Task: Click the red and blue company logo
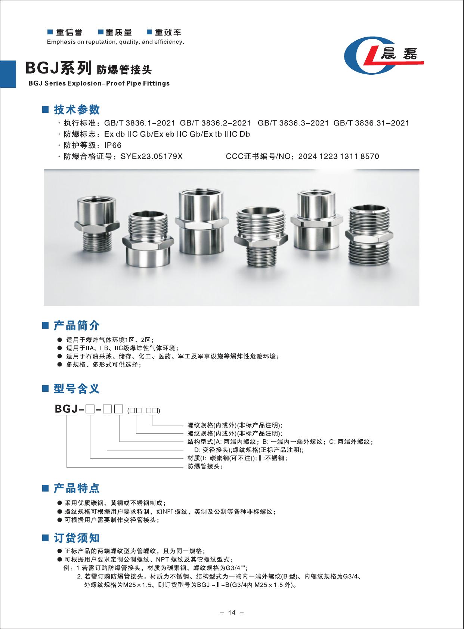click(384, 55)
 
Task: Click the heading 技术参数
click(77, 109)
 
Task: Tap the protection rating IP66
click(112, 145)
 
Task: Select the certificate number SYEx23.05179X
click(151, 156)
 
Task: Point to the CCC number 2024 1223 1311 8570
click(338, 156)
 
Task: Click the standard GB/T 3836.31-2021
click(371, 123)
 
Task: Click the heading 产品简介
click(77, 325)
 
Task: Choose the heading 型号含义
click(77, 388)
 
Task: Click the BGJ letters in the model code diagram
click(66, 409)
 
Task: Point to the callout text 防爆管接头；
click(205, 467)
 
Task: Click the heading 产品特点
click(77, 488)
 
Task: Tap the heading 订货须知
click(77, 538)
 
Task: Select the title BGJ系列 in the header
click(58, 68)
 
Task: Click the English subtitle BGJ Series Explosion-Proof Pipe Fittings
click(99, 83)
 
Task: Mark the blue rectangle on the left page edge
click(8, 74)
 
